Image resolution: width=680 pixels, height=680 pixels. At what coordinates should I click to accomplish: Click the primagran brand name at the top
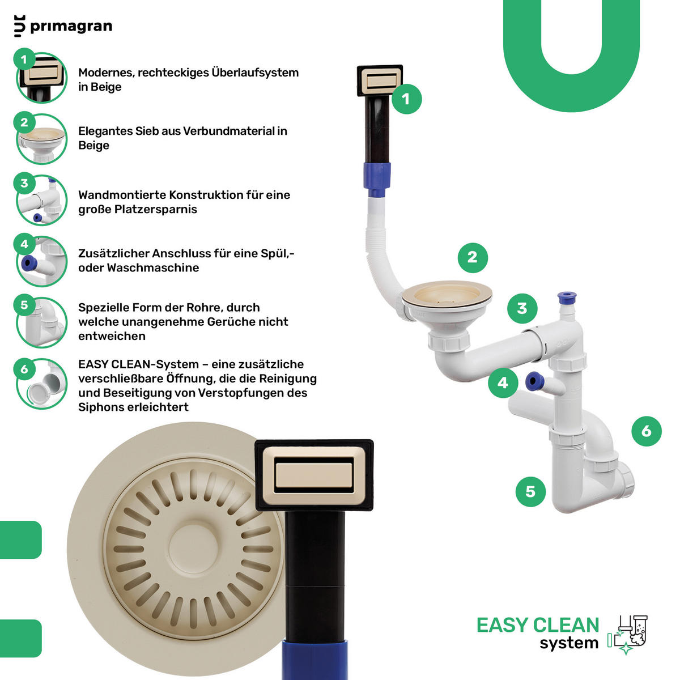(71, 27)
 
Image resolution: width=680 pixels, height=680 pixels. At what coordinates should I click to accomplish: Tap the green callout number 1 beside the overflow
(406, 99)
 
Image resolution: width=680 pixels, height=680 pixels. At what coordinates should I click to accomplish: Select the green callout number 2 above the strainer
(473, 258)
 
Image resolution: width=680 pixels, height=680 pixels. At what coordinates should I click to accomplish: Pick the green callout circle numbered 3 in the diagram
(522, 308)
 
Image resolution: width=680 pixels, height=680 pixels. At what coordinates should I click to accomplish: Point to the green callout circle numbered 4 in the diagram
(503, 383)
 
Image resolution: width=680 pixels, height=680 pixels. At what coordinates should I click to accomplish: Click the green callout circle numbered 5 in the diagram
(530, 491)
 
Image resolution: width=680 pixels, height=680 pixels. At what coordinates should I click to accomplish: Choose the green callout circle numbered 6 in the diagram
(647, 431)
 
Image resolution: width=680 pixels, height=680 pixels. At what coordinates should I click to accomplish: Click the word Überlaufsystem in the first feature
(255, 73)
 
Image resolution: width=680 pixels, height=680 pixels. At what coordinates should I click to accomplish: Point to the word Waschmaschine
(153, 268)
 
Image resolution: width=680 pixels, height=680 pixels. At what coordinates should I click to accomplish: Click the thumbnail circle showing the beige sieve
(41, 139)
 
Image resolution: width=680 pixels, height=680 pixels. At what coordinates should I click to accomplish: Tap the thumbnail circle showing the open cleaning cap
(41, 384)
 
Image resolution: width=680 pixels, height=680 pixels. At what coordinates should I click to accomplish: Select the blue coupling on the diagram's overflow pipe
(377, 179)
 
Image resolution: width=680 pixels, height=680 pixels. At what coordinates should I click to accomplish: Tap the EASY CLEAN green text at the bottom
(538, 626)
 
